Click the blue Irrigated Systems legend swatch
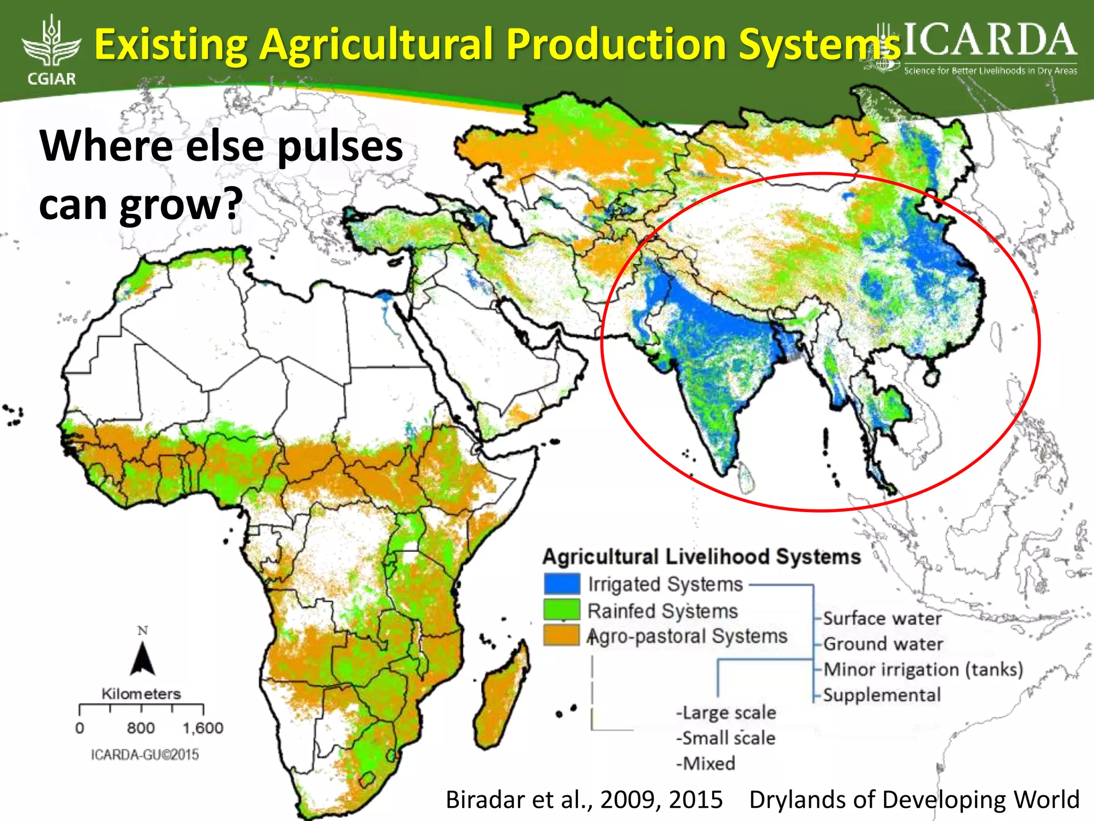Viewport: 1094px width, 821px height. pos(561,584)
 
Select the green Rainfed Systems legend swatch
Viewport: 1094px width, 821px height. pos(561,610)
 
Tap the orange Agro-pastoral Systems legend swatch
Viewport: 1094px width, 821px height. pos(561,636)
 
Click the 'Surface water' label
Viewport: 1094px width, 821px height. pos(882,618)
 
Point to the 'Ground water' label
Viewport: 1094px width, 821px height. pos(883,644)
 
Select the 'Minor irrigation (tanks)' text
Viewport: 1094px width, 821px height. pos(923,669)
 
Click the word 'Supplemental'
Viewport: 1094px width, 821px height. pos(882,695)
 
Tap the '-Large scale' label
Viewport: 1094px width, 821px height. pos(726,712)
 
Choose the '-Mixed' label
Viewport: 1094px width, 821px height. pos(706,763)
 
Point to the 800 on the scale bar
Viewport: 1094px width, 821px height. pos(141,728)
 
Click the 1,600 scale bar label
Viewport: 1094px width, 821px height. pos(203,728)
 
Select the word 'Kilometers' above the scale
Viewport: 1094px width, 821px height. pos(141,694)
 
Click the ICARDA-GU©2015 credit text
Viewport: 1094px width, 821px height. pos(145,755)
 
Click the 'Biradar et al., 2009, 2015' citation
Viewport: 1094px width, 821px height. pos(584,800)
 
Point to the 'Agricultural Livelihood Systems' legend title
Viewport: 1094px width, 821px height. pos(701,556)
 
